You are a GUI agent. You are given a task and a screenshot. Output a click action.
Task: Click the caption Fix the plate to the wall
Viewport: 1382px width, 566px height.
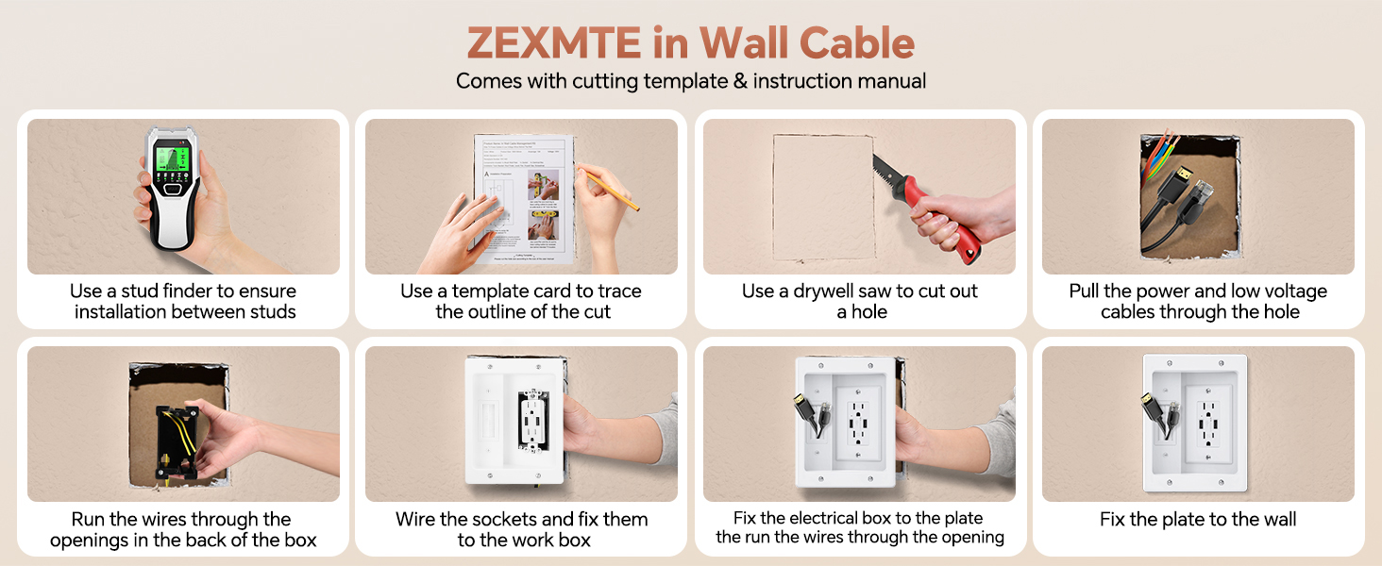1197,520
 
